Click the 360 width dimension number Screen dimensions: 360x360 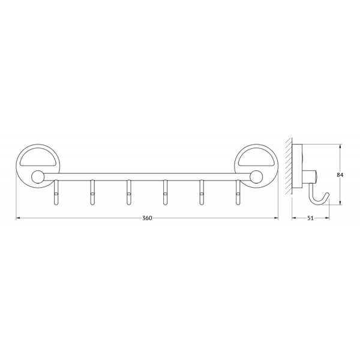coord(147,218)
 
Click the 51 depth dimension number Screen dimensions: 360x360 coord(311,218)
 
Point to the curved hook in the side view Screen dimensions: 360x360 coord(318,196)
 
